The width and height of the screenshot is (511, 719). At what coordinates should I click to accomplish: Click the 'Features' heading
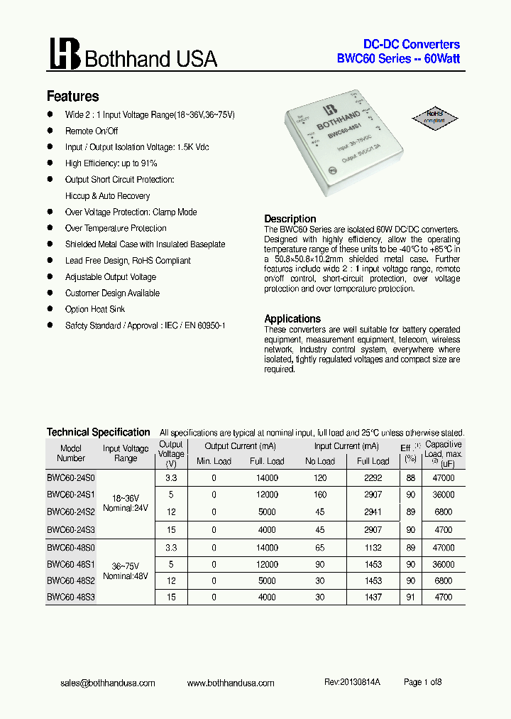coord(72,97)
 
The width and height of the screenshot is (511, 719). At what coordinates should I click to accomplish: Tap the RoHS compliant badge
coord(434,116)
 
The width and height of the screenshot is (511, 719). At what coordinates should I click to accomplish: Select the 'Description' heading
coord(290,219)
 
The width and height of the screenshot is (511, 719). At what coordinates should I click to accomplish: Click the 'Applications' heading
coord(292,319)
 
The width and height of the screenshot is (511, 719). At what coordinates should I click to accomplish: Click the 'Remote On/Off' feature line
coord(92,131)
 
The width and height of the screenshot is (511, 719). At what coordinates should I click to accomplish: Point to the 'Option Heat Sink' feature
coord(96,309)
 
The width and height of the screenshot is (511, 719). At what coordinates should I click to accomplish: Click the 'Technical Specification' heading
coord(98,432)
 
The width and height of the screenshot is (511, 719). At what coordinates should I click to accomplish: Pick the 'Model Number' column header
coord(71,453)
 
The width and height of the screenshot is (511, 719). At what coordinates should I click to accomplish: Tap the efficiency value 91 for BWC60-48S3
coord(410,598)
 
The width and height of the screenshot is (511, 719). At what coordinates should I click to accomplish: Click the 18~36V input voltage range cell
coord(126,498)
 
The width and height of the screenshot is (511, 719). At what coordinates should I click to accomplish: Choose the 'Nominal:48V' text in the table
coord(126,576)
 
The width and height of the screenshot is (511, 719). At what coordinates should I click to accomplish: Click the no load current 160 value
coord(320,494)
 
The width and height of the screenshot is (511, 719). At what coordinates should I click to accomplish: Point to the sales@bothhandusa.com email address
coord(107,683)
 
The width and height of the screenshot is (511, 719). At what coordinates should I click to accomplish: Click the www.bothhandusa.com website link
coord(231,683)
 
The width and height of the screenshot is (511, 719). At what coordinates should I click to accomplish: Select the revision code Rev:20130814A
coord(353,682)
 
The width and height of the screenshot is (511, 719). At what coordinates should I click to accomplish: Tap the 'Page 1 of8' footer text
coord(422,682)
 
